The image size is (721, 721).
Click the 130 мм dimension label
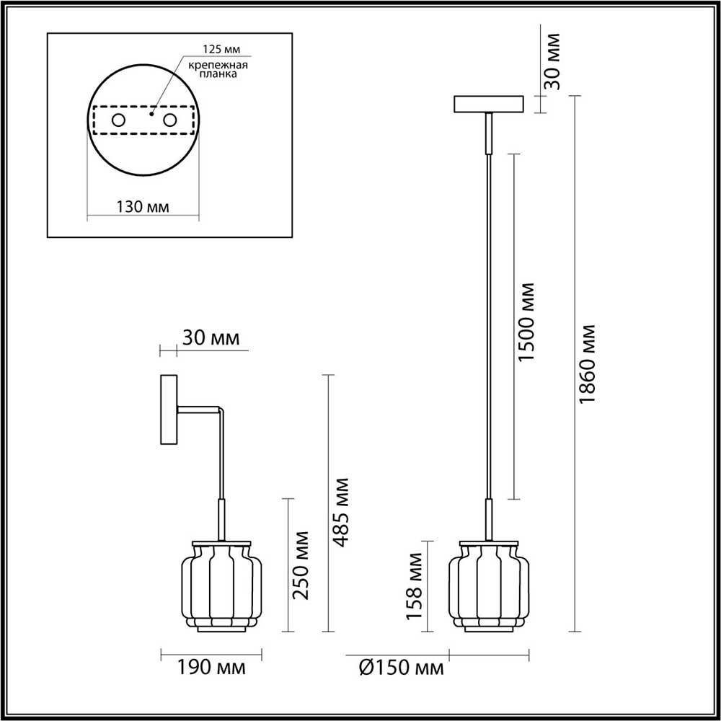coord(143,207)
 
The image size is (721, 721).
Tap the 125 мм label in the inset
coord(222,49)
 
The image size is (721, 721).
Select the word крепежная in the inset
coord(218,65)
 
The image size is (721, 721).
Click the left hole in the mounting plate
coord(118,120)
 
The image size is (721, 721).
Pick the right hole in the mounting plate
coord(169,120)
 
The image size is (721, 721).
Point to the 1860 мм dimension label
coord(587,363)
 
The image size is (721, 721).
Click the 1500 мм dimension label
coord(526,322)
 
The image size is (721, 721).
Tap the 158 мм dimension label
coord(415,586)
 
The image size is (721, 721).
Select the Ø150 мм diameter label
coord(401,668)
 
